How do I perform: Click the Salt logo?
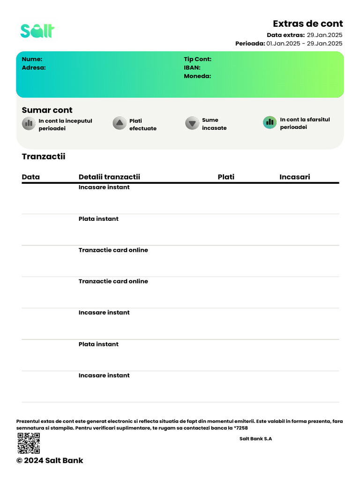pos(37,30)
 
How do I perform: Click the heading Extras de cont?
pos(307,24)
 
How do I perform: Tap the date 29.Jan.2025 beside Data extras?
pos(324,35)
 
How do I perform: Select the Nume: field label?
pos(32,59)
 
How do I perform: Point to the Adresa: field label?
pos(34,67)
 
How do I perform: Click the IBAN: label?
pos(192,67)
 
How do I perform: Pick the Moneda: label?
pos(197,76)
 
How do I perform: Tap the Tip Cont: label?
pos(197,59)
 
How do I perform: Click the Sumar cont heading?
pos(47,110)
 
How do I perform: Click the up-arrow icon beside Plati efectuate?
pos(119,123)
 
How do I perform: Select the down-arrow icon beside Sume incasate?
pos(192,123)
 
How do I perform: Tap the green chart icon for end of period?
pos(270,122)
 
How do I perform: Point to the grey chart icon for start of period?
pos(29,123)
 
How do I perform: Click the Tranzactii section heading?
pos(44,157)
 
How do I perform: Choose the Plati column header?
pos(226,177)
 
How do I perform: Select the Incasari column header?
pos(294,177)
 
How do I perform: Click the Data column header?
pos(31,177)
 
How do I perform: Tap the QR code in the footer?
pos(29,443)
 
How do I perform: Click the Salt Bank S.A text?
pos(255,439)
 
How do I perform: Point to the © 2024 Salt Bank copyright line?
pos(50,460)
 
